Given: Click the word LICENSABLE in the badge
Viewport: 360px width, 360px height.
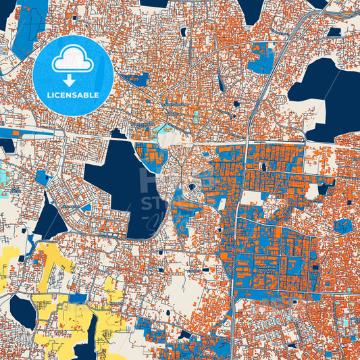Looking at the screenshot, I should pos(74,95).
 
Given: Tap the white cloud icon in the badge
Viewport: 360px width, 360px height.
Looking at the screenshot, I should pos(74,60).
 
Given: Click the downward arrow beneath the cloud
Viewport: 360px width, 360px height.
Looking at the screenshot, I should pos(70,79).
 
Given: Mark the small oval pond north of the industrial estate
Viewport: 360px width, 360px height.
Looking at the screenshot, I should pos(262,165).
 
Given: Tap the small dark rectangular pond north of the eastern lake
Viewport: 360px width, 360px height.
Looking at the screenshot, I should pos(334,31).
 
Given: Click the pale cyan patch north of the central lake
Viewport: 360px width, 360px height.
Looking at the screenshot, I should pos(162,128).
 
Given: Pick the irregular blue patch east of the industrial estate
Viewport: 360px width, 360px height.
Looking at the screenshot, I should pos(342,226).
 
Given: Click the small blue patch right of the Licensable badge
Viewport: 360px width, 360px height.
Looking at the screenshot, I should pos(138,80).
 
